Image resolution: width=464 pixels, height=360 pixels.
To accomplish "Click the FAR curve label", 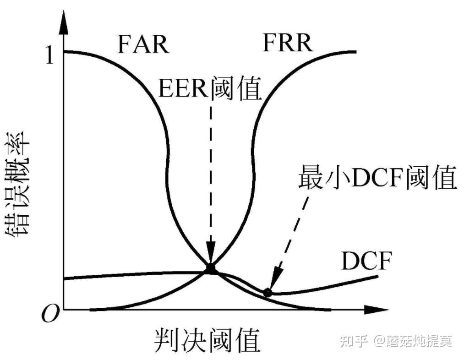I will (x=143, y=45).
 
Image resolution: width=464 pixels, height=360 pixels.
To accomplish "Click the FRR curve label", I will (x=288, y=43).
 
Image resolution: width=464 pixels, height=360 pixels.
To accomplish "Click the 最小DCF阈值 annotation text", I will (x=378, y=179).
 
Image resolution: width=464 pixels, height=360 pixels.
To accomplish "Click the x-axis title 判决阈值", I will (x=206, y=340).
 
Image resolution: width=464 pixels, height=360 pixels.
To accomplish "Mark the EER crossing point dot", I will (x=211, y=268).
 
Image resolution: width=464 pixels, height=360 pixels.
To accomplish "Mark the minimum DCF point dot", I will (x=268, y=292).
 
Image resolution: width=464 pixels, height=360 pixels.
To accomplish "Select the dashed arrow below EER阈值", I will (x=211, y=183).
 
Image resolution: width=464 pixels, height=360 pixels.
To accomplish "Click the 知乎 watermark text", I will (x=353, y=342).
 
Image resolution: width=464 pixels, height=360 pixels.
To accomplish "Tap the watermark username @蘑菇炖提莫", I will (x=412, y=342).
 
